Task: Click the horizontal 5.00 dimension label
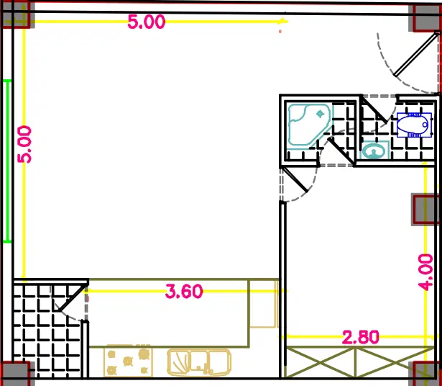pos(147,22)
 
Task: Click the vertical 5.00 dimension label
pos(24,144)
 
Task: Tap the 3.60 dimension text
pos(184,292)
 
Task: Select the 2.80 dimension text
pos(361,337)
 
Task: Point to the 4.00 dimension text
pos(425,272)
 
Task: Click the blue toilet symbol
pos(414,125)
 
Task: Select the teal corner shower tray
pos(308,125)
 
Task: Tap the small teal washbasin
pos(374,151)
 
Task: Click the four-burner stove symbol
pos(128,361)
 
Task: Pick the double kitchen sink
pos(199,362)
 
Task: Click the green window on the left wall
pos(7,161)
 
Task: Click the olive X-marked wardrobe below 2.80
pos(360,362)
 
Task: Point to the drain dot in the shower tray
pos(321,114)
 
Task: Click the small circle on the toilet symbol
pos(425,125)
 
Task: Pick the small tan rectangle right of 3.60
pos(263,304)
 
